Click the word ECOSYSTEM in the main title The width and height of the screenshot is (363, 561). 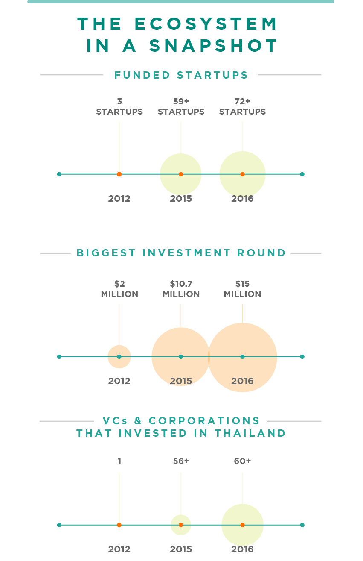pos(206,25)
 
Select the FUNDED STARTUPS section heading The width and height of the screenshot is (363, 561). pos(181,75)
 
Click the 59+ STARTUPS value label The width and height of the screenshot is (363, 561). pos(181,106)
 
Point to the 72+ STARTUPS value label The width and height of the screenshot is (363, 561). pos(242,106)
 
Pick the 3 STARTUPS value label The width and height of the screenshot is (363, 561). pos(119,106)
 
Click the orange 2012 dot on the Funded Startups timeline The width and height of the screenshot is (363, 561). pos(119,174)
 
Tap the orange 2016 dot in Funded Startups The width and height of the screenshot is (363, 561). pos(242,174)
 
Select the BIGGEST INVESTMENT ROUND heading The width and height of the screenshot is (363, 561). pos(181,253)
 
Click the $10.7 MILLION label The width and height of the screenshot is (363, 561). pos(181,289)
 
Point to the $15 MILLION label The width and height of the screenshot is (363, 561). pos(242,289)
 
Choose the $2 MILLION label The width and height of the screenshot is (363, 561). pos(119,289)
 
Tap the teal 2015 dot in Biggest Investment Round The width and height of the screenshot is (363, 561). pos(181,357)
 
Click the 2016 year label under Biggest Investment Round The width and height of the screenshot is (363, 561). pos(242,381)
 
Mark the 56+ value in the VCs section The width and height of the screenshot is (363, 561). pos(181,461)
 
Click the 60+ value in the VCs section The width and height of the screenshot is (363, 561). pos(242,461)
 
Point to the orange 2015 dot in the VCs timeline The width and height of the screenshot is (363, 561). pos(181,525)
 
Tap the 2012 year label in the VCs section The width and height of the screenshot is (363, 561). pos(119,549)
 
